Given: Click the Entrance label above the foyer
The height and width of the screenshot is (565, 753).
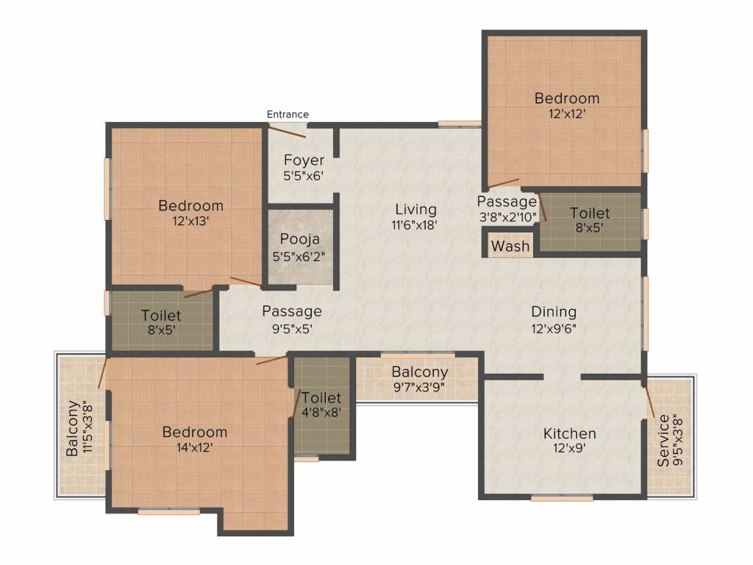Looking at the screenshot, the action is (288, 114).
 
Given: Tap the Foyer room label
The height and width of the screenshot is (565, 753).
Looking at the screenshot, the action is (304, 160).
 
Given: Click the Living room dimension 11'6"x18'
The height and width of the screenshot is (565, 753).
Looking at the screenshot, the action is (414, 225).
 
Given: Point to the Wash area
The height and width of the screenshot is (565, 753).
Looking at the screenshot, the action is (510, 246).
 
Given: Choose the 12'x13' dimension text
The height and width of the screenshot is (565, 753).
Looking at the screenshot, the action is (190, 221).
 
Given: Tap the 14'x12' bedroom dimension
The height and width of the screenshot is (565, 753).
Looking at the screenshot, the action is (194, 448).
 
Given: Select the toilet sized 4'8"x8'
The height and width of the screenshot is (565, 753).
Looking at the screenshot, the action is (321, 405).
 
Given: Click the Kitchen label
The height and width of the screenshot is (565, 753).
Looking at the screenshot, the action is (570, 434).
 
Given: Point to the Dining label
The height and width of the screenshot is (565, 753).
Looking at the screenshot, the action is (554, 312).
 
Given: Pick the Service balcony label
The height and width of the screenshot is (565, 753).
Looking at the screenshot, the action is (663, 441).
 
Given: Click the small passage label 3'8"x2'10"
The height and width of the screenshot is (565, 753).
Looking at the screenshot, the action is (507, 217).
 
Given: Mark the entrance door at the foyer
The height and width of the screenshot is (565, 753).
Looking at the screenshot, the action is (287, 131).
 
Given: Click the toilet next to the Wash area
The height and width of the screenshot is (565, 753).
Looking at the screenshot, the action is (590, 221).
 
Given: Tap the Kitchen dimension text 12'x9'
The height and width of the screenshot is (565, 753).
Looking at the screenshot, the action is (570, 449).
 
